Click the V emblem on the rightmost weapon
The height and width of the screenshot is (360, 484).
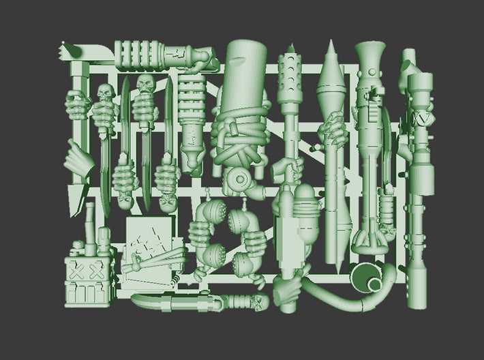pos(425,119)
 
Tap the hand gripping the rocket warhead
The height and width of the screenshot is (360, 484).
pos(331,125)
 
